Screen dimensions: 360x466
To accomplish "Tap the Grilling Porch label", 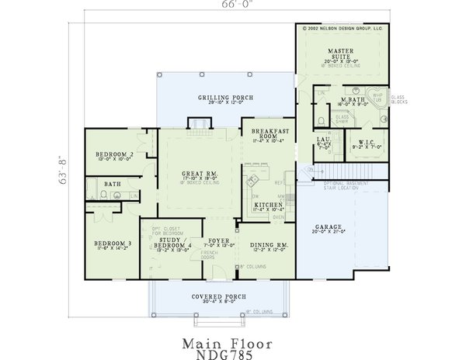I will point(198,97).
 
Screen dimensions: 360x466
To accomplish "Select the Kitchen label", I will point(267,205).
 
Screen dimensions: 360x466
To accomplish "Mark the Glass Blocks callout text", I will point(398,100).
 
